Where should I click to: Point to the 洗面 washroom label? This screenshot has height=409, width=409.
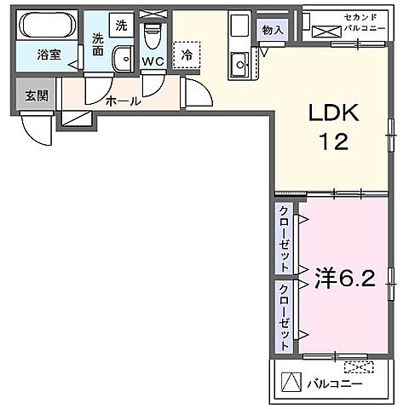98,44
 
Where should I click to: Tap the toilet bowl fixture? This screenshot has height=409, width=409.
153,36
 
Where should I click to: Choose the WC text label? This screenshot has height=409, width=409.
153,61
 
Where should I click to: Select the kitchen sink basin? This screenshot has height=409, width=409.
239,60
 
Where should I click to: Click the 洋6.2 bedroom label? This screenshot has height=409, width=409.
346,279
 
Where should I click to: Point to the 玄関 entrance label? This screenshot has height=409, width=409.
35,95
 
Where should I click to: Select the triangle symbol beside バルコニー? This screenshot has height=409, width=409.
291,383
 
